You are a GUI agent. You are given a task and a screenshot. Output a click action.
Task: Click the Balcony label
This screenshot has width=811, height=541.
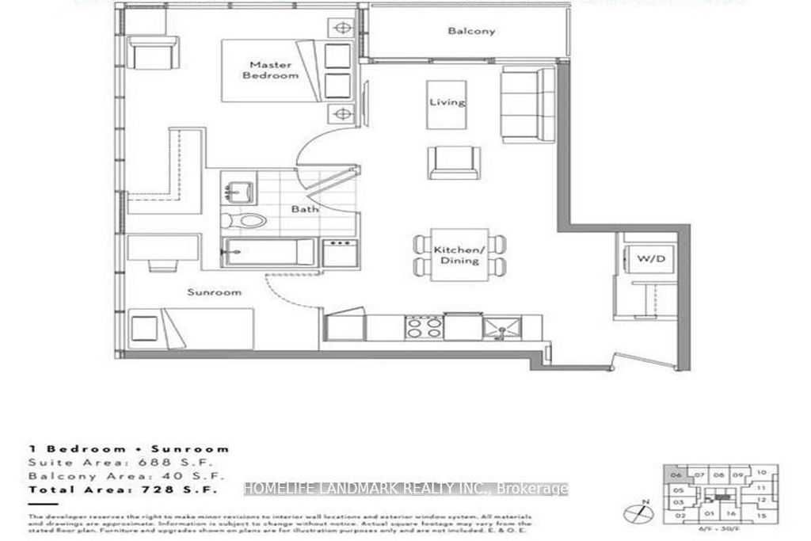pos(471,32)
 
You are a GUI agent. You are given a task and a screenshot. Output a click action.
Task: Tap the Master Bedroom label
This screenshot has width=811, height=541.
pos(271,70)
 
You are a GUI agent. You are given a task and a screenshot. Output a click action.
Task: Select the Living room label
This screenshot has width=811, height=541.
pos(447,103)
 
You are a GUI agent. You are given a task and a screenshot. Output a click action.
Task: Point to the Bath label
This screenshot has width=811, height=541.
pos(305,209)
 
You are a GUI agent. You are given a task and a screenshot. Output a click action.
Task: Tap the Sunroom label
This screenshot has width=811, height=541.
pos(214,292)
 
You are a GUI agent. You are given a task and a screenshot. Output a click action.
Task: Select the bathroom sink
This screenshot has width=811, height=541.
pos(237,191)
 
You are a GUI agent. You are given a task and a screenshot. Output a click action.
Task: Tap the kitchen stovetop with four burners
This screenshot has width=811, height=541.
pos(424,327)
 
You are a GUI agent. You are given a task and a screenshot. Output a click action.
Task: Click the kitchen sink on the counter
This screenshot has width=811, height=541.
pos(501,326)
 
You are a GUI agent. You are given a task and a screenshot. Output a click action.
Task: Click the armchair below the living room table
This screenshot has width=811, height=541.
pos(453,162)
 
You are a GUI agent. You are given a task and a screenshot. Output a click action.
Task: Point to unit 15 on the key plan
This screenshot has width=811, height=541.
pos(761,516)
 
